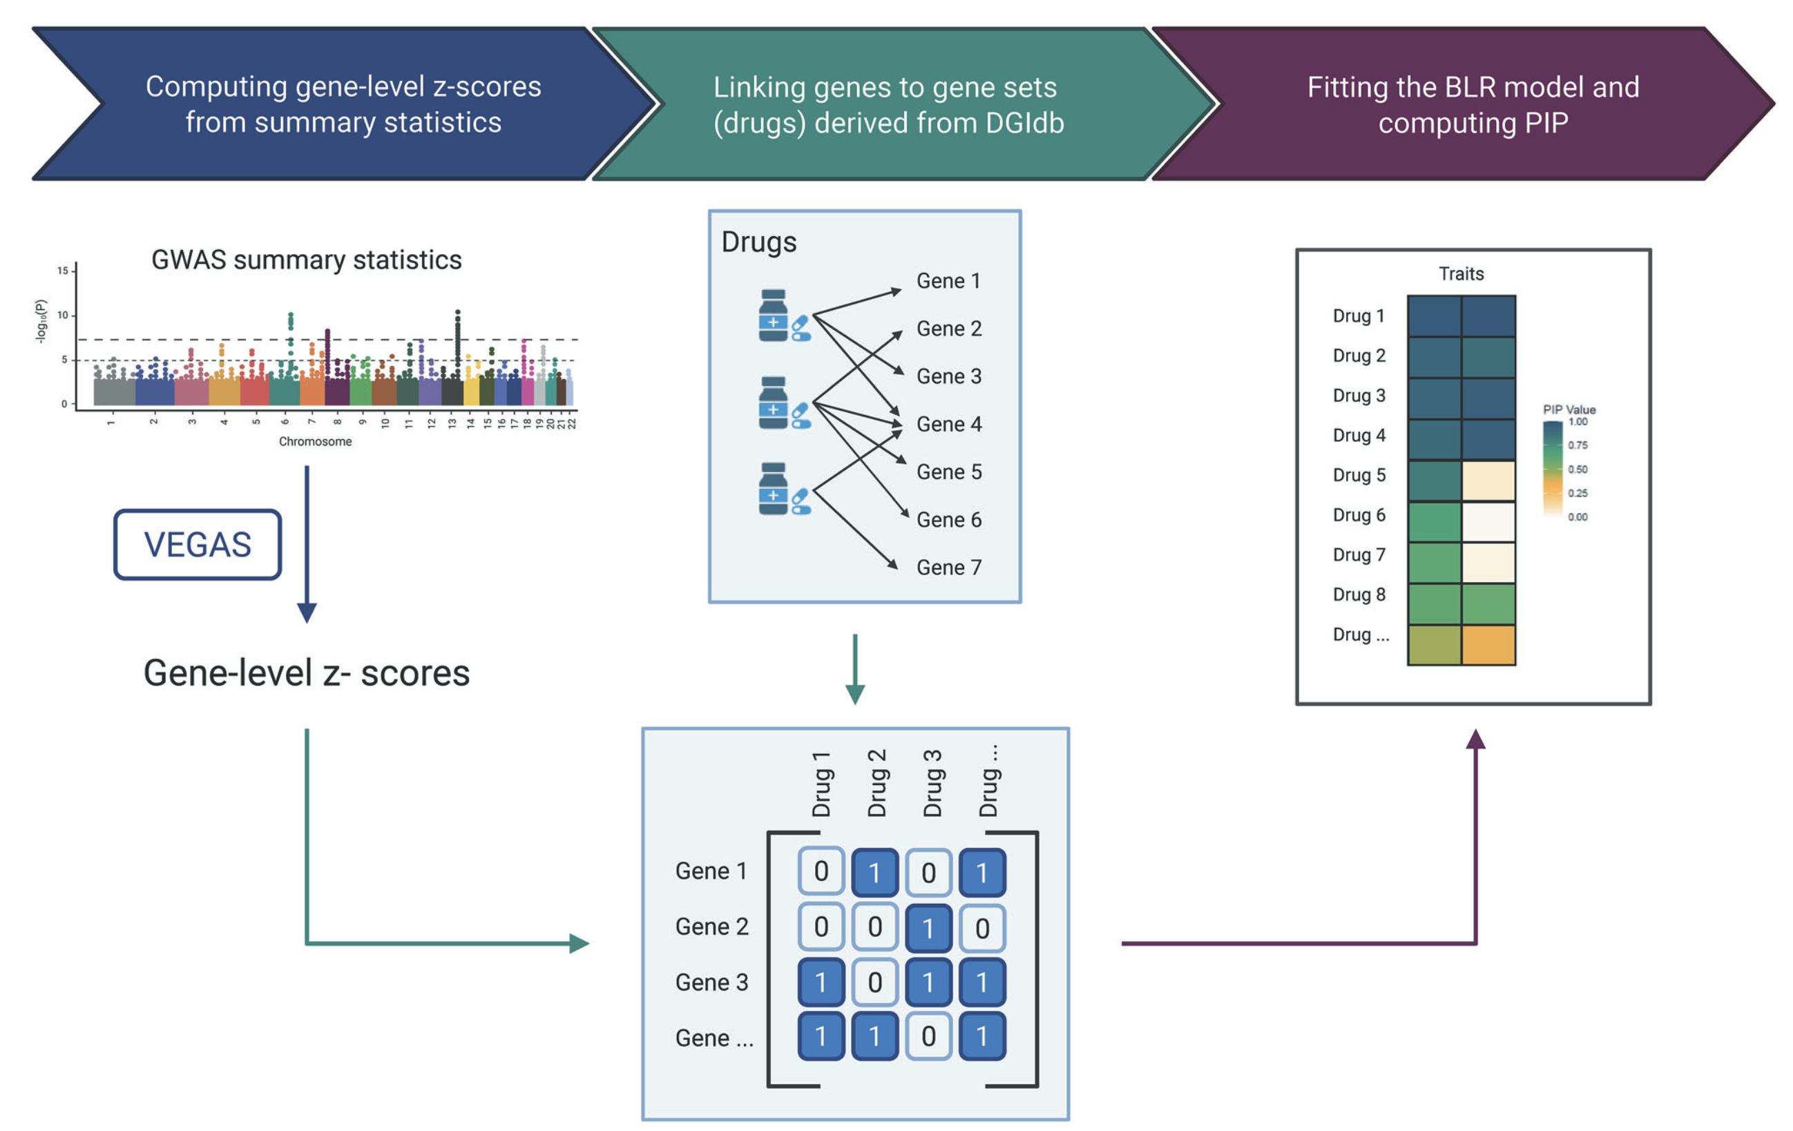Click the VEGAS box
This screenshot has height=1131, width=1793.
coord(198,544)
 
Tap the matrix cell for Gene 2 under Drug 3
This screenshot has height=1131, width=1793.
coord(928,928)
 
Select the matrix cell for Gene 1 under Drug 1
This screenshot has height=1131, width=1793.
coord(821,871)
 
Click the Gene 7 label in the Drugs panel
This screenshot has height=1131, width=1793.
coord(948,568)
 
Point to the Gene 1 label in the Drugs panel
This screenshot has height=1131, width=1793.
coord(948,281)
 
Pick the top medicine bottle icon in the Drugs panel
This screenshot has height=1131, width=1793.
coord(774,316)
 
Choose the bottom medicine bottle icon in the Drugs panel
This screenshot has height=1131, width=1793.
coord(774,488)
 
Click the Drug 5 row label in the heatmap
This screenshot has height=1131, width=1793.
coord(1359,475)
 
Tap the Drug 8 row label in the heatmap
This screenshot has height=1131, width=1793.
coord(1359,594)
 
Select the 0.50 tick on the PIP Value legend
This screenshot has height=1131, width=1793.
coord(1577,469)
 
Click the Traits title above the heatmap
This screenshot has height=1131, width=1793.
coord(1461,274)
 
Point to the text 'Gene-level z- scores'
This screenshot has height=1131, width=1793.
coord(306,673)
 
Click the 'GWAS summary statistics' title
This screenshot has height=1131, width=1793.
coord(306,260)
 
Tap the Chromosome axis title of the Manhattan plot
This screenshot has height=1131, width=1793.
coord(315,441)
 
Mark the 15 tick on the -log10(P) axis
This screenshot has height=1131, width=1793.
coord(64,270)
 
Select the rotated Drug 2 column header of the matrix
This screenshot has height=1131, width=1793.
coord(876,783)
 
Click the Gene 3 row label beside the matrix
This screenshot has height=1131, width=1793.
coord(711,982)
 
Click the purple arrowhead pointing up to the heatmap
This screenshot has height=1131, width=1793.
coord(1475,740)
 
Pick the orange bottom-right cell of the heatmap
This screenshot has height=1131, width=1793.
coord(1488,645)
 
